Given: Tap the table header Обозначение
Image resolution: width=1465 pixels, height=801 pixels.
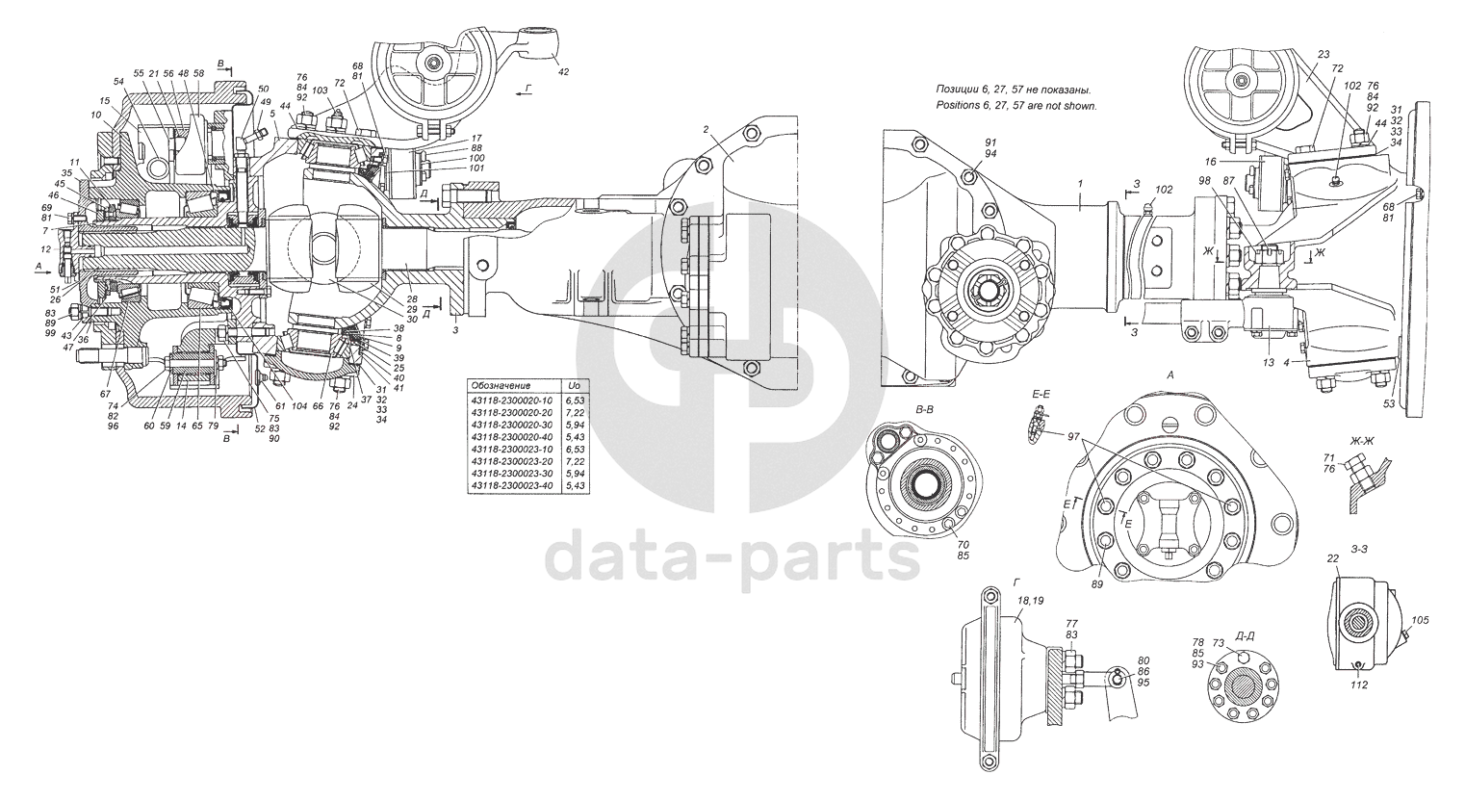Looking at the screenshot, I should tap(498, 385).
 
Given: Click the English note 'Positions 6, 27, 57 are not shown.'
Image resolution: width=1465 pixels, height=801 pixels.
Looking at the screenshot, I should tap(1016, 106).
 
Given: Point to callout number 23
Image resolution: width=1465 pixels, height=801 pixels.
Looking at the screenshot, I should tap(1323, 55).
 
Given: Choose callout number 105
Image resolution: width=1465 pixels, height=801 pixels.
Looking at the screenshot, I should tap(1420, 621).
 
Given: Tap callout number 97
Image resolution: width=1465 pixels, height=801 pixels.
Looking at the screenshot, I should tap(1076, 437).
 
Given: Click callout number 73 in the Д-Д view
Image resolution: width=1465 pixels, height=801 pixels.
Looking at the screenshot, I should tap(1219, 642).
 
